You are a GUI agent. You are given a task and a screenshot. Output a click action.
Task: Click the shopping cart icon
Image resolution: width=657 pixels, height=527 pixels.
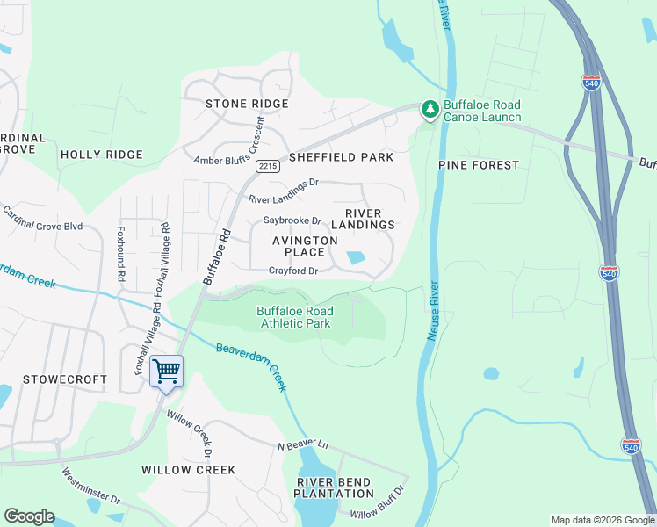click(x=166, y=371)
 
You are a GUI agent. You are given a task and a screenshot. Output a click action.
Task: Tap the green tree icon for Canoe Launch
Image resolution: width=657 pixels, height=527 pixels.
click(x=430, y=109)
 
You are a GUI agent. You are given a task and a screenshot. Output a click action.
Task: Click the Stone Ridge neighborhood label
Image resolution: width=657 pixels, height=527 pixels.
click(x=247, y=104)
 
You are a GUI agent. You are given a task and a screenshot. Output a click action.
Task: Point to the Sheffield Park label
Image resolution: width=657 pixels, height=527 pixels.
click(x=341, y=157)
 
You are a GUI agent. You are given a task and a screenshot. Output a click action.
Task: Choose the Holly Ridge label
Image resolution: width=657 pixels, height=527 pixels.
click(x=101, y=155)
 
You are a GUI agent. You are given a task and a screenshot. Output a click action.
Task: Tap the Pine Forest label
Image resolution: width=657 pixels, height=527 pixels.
click(x=479, y=164)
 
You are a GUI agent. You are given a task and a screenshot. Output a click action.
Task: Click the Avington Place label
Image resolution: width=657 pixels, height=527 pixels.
click(x=304, y=246)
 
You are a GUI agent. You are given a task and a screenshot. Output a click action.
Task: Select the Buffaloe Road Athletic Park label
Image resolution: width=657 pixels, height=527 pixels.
click(x=294, y=317)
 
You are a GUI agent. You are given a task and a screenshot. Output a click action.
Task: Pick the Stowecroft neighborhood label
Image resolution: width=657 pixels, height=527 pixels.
click(x=64, y=379)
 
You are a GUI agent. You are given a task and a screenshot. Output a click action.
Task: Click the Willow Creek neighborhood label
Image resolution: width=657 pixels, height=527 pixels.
click(x=189, y=470)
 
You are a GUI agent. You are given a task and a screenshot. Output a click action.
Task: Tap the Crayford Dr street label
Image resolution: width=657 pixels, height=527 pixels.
click(x=292, y=271)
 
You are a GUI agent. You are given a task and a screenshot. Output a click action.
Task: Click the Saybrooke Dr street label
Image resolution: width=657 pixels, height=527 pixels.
click(x=292, y=221)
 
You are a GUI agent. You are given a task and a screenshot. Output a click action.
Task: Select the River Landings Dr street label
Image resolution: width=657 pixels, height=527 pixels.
click(x=283, y=183)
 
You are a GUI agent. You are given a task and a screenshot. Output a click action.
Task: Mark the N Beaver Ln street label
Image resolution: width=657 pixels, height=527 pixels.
click(x=302, y=447)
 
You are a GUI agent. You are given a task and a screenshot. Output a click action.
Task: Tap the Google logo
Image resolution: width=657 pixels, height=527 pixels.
click(x=29, y=516)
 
